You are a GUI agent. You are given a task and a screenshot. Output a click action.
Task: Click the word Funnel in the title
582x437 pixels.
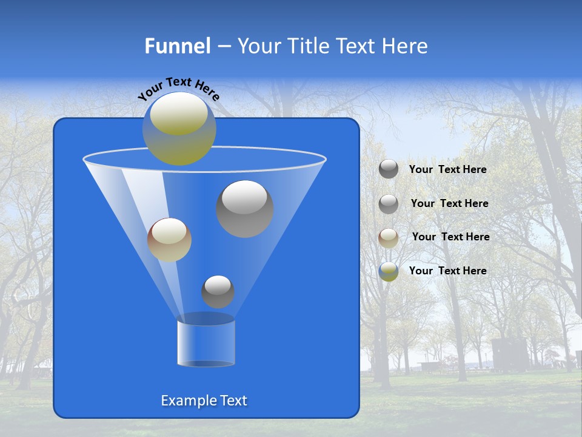pos(177,46)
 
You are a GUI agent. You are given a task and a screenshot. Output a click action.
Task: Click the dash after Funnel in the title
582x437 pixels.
pos(223,46)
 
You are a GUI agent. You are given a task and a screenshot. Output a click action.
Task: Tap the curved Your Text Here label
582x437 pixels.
pos(179,87)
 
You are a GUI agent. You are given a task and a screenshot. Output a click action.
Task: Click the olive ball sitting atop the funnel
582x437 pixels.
pos(179,129)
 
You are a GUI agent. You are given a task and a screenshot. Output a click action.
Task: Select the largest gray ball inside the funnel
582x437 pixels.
pos(245,209)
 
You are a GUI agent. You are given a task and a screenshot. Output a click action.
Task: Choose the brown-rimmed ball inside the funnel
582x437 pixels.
pos(169,240)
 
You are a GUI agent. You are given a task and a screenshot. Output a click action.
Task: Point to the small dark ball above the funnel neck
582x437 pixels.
pos(218,292)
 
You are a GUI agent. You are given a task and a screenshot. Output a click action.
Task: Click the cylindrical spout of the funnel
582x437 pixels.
pos(206,343)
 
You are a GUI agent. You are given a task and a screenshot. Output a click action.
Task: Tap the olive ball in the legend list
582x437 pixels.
pos(389,271)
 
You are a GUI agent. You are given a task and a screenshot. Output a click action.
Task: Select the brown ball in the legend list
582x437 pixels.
pos(389,238)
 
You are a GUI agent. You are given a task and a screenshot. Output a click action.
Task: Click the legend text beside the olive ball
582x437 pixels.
pos(447,271)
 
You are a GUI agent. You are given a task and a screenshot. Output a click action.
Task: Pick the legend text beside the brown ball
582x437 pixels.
pos(450,237)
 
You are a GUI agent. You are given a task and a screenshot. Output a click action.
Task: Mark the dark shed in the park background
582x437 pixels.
pos(509,354)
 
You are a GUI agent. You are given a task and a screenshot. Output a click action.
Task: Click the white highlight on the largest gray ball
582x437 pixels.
pos(244,197)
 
